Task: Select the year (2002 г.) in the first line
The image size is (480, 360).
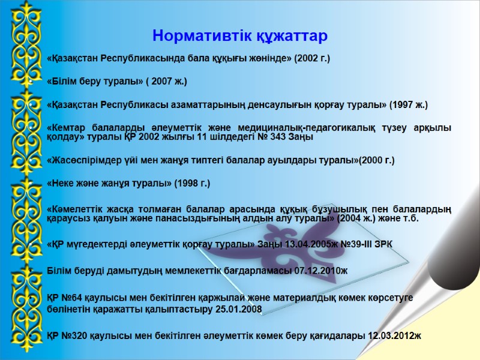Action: (x=312, y=58)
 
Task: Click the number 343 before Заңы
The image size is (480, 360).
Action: (x=278, y=137)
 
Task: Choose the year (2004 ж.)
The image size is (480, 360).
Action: (x=357, y=218)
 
